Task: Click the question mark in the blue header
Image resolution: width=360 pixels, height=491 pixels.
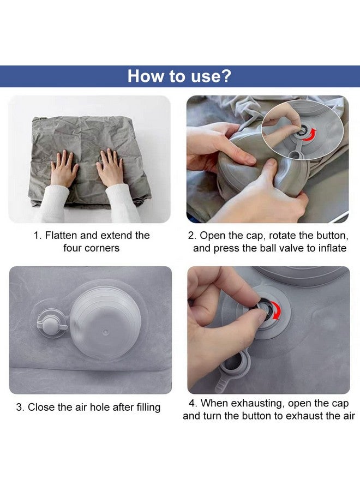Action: point(226,76)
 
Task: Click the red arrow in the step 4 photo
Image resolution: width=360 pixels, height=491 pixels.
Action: point(275,310)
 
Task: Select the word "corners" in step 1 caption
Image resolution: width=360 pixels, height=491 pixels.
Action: point(103,248)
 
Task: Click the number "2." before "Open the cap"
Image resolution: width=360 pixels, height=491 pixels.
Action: point(192,235)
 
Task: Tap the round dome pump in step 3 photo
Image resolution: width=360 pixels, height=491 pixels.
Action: point(105,322)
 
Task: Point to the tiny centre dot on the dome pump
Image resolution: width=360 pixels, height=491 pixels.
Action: point(106,331)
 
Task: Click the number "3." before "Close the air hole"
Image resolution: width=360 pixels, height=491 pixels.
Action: point(20,407)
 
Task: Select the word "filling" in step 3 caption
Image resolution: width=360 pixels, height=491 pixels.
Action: point(148,407)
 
